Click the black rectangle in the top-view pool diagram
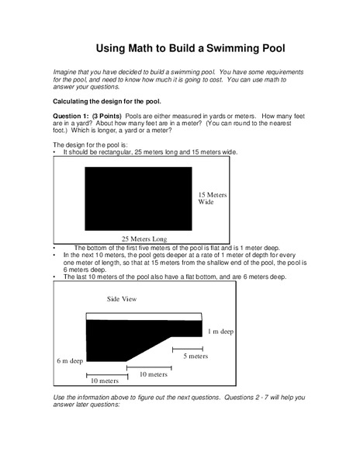coord(137,196)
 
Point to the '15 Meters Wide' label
coord(211,198)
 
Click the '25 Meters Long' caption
coord(144,238)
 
